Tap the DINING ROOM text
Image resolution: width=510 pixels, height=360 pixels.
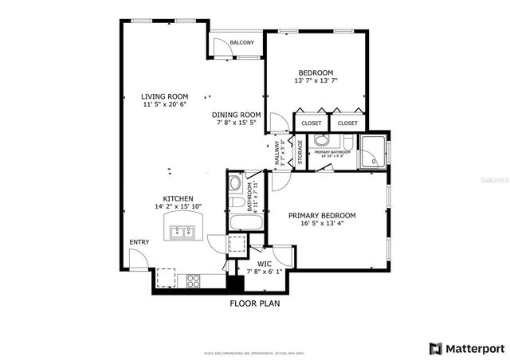click(x=237, y=114)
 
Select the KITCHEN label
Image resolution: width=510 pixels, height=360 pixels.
click(x=178, y=198)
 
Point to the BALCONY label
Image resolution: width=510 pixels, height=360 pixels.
click(x=241, y=42)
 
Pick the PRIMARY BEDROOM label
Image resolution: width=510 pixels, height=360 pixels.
click(x=321, y=215)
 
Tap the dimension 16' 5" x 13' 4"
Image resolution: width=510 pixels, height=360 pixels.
click(x=321, y=224)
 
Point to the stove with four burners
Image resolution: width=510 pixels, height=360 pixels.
click(x=193, y=280)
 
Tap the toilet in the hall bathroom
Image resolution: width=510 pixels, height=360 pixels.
click(x=236, y=185)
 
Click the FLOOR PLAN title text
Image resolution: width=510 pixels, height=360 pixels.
click(x=254, y=303)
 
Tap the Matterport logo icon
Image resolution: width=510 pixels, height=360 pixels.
click(x=434, y=348)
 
